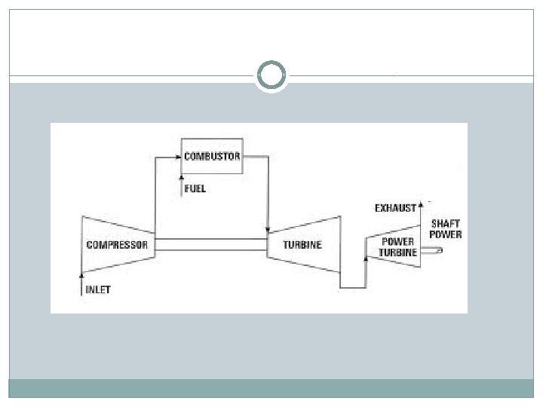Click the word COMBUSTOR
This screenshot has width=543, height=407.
click(212, 157)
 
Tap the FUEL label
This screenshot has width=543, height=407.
click(195, 189)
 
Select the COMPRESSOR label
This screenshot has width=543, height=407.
click(117, 244)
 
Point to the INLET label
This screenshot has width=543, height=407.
click(97, 289)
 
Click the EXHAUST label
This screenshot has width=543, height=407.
click(395, 208)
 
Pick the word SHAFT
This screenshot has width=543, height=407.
click(445, 224)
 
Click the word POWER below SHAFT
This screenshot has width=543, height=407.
click(446, 234)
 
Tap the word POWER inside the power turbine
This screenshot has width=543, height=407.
click(397, 242)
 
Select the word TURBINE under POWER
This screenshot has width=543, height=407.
click(397, 252)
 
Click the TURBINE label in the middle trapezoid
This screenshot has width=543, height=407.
click(302, 244)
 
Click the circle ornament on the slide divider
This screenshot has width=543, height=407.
click(271, 75)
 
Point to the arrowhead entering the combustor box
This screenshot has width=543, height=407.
click(179, 157)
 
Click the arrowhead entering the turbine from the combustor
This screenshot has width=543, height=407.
click(268, 228)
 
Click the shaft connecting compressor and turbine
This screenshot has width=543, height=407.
click(211, 244)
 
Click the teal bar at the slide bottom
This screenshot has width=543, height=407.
click(271, 387)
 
